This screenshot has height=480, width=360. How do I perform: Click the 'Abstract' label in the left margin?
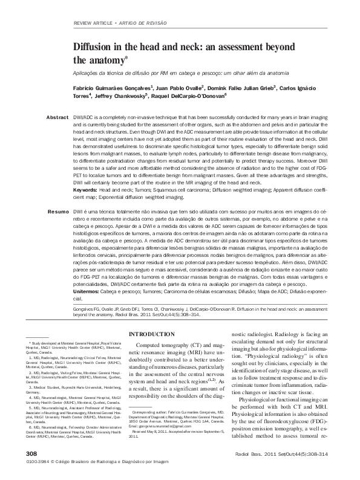pyautogui.click(x=57, y=116)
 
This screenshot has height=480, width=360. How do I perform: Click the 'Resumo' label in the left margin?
pyautogui.click(x=58, y=212)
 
